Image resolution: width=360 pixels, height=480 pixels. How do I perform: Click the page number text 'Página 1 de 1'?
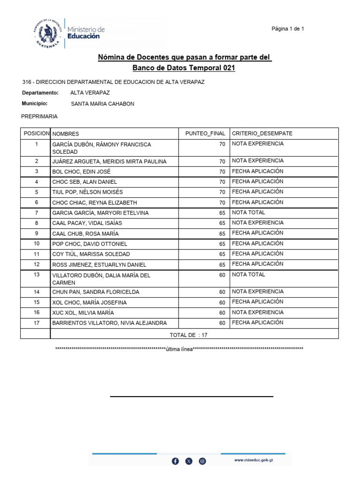288,29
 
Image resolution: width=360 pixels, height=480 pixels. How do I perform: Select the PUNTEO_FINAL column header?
205,134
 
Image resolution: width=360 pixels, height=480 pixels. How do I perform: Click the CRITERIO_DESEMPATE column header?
262,134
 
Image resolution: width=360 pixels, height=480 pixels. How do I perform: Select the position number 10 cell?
36,244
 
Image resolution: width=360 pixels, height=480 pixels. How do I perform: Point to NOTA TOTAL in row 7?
248,212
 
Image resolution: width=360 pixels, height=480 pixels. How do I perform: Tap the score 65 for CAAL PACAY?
222,224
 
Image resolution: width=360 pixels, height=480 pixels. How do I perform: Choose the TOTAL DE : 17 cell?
188,335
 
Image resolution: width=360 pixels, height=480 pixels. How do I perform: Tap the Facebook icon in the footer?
175,461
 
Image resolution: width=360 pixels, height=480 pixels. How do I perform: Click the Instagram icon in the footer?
202,461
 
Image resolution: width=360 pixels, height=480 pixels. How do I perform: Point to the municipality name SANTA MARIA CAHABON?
102,104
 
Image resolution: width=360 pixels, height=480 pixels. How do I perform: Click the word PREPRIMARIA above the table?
40,116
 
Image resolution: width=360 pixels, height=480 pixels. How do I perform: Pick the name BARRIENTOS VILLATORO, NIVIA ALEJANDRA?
109,323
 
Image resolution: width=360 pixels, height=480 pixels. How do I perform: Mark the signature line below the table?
191,397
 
